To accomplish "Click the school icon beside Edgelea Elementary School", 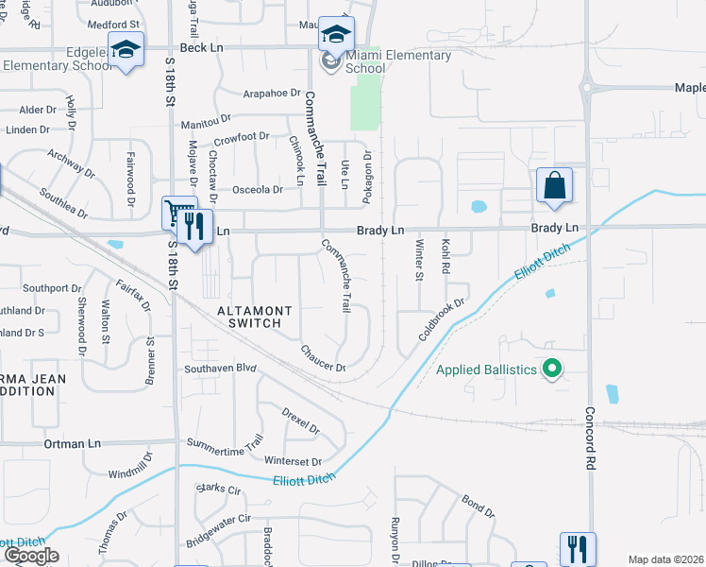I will [125, 48].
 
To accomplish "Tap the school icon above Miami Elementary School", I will [335, 33].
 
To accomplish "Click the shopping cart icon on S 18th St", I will [177, 213].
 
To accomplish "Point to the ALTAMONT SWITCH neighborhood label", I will [249, 317].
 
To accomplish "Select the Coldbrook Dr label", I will [443, 322].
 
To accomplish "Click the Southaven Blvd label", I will [220, 369].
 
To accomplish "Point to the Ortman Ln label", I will [72, 443].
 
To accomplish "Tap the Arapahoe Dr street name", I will [271, 94].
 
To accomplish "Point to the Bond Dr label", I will [478, 506].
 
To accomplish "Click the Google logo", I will [30, 556].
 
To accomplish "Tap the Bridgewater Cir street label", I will [217, 530].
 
